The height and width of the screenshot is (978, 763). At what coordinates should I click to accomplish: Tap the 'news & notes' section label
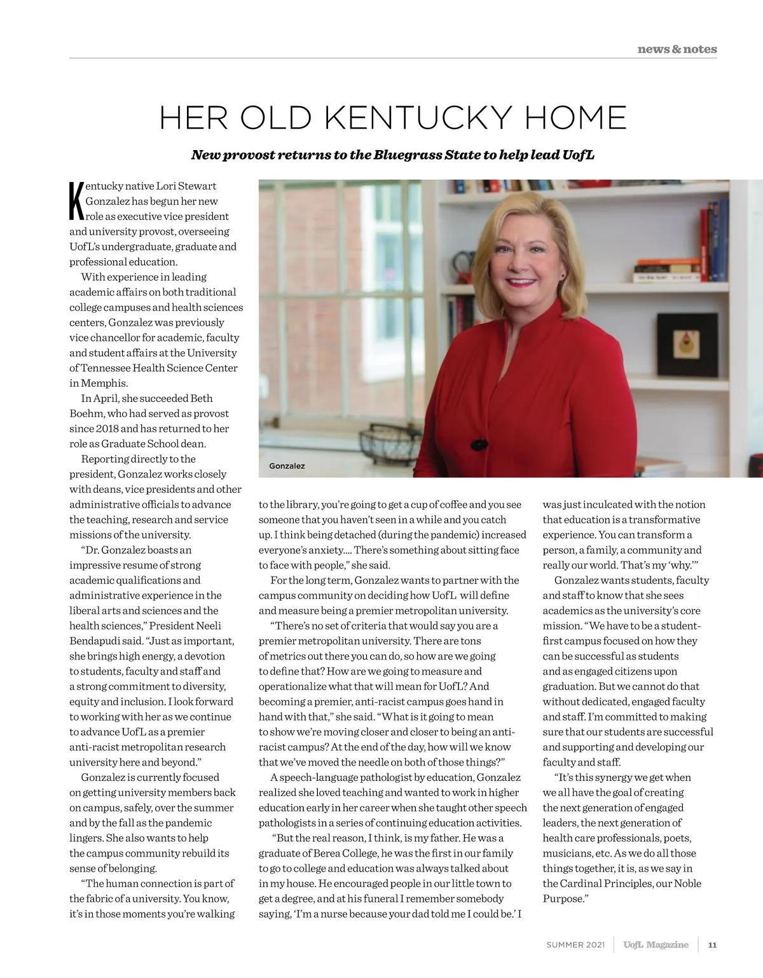[677, 49]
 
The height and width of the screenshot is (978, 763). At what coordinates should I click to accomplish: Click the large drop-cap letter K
[76, 202]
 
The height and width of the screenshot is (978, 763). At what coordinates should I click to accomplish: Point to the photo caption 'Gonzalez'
[287, 466]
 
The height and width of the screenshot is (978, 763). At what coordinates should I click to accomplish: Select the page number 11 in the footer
[712, 944]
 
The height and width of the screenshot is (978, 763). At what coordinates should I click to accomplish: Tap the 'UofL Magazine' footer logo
[656, 944]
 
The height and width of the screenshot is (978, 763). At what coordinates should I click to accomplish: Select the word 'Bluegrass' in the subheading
[404, 155]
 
